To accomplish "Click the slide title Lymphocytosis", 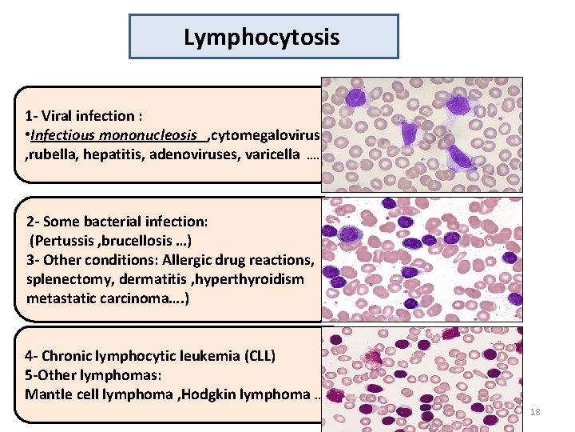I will point(262,37).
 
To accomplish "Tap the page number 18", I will point(536,411).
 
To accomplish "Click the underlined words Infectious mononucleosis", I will point(118,134).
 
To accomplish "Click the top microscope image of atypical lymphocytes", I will point(422,134).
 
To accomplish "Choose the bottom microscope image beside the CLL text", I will point(422,374).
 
